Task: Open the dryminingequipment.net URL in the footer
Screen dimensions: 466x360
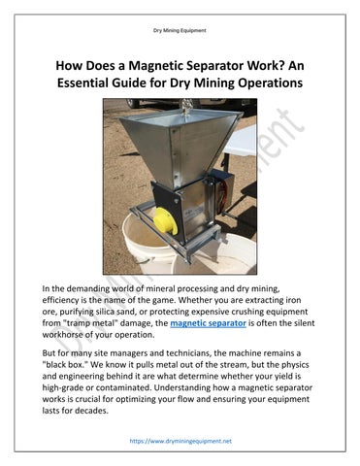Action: click(x=180, y=440)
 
